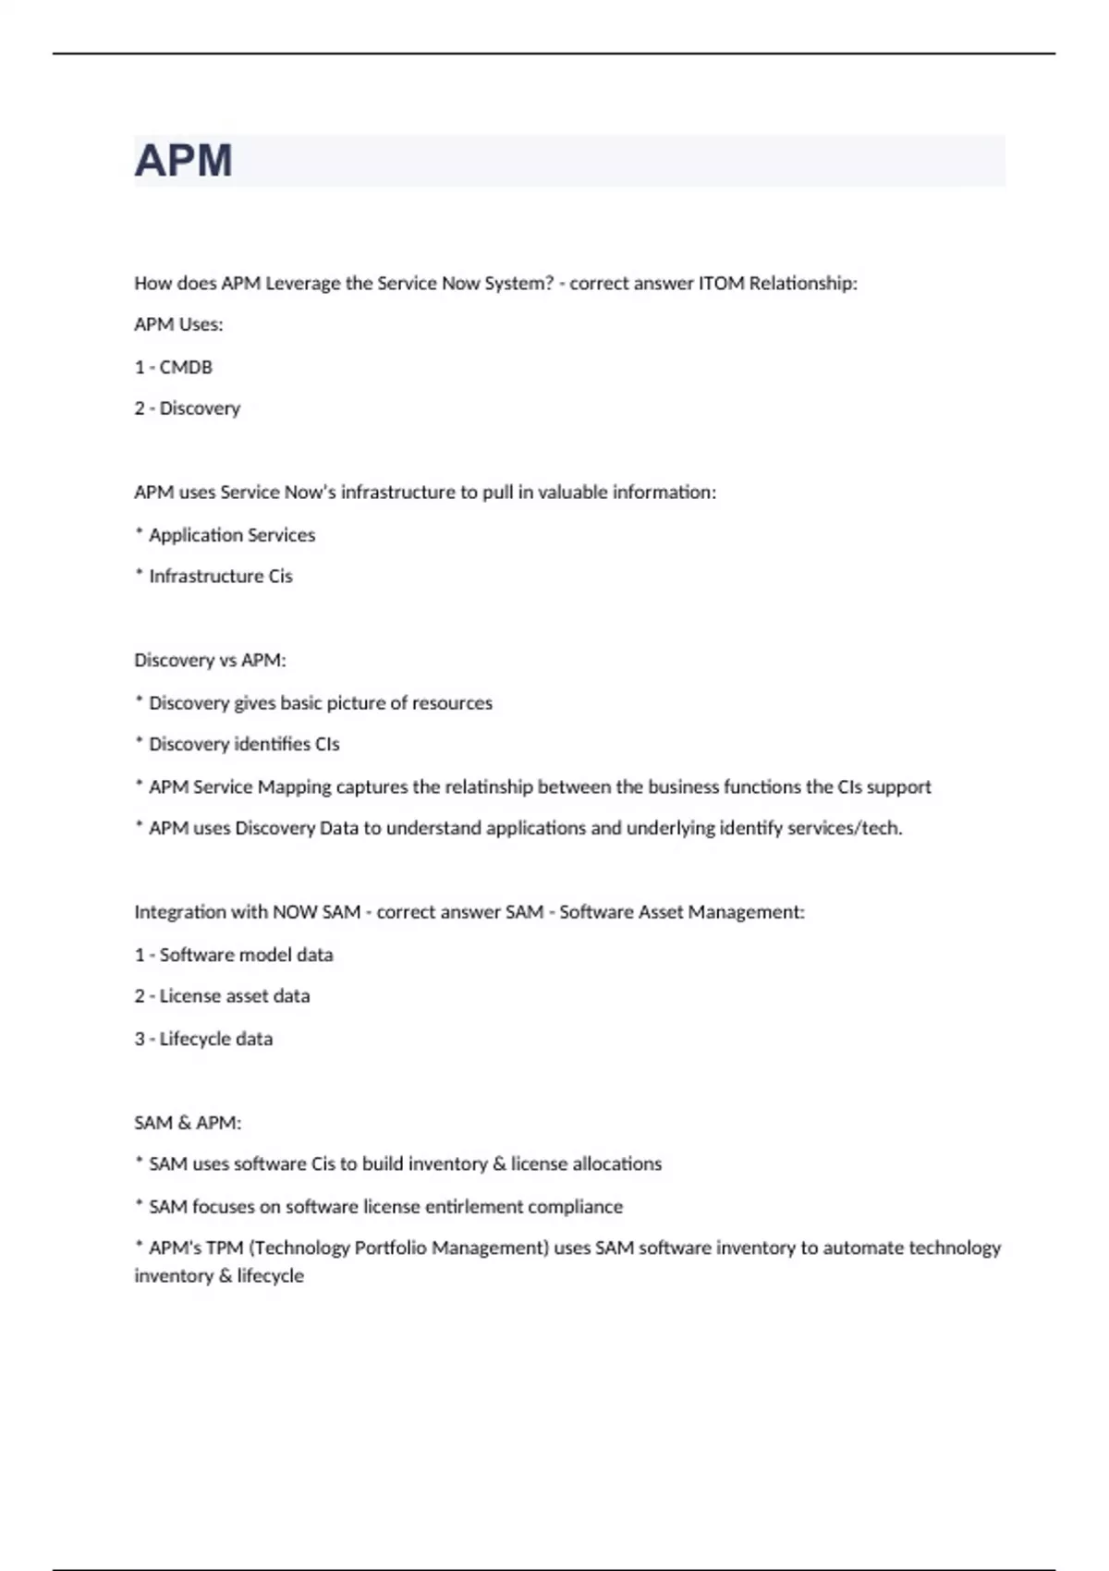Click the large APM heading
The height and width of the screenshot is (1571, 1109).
point(183,161)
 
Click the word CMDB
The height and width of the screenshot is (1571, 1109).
point(186,367)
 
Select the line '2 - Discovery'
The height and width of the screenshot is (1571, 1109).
point(188,408)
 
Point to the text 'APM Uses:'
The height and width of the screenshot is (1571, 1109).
point(178,324)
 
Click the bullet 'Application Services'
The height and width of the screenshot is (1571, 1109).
point(231,535)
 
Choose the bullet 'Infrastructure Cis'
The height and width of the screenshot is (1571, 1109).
point(220,577)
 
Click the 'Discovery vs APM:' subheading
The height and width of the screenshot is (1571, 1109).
point(210,660)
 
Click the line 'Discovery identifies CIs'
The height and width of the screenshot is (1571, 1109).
point(243,744)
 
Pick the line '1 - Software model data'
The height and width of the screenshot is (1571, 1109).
point(234,955)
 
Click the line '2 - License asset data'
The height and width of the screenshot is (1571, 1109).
point(222,996)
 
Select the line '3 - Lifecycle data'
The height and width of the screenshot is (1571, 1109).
point(203,1039)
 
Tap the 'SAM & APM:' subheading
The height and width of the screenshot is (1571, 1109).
point(188,1123)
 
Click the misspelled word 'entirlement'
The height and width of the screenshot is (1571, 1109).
point(473,1207)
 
